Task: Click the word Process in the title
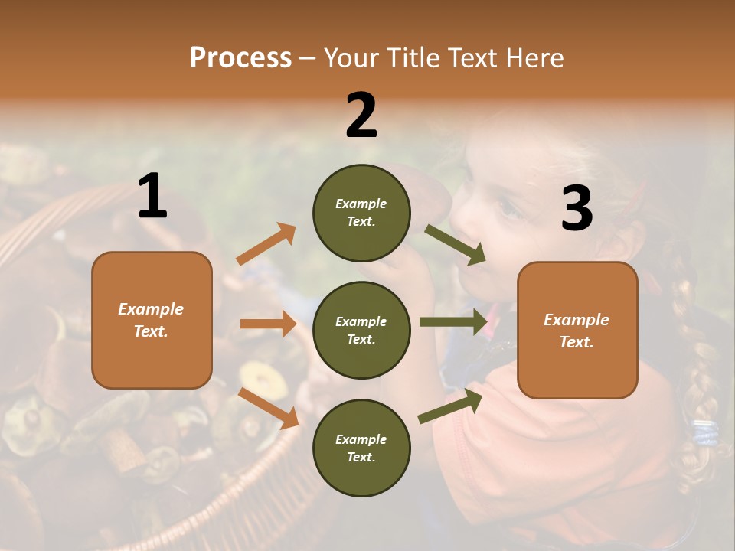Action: [240, 57]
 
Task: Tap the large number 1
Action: [152, 197]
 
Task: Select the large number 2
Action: [361, 115]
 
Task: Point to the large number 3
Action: [577, 208]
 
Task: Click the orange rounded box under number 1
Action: [152, 320]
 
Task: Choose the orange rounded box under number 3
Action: [577, 331]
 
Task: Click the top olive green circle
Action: [361, 213]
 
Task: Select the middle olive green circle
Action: [361, 331]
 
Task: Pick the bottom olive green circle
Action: [361, 448]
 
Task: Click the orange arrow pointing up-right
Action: [266, 244]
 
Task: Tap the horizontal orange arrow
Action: [268, 324]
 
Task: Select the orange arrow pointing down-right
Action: [268, 408]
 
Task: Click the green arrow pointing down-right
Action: [456, 245]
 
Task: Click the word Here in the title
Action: [534, 57]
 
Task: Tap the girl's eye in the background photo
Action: [506, 205]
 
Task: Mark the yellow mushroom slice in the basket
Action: [252, 377]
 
